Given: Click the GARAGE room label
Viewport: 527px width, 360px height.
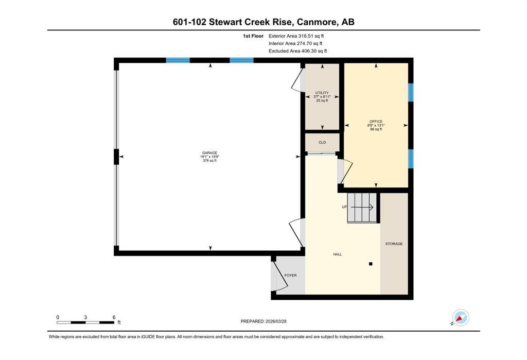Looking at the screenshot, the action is pos(210,153).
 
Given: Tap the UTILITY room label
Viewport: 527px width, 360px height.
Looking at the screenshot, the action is pos(322,93).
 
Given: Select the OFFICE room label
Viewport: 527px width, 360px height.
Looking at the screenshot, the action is pos(376,122).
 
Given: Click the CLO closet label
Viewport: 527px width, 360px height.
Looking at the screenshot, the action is pos(322,142).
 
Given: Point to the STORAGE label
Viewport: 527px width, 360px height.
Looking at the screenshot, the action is pos(394,244).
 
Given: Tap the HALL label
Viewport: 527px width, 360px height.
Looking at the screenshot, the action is pos(338,254).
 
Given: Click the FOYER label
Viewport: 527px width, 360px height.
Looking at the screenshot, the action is pos(290,275).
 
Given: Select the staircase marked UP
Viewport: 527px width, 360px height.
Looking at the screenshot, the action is pos(362,208).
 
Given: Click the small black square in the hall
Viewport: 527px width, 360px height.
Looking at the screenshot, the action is pos(371,264).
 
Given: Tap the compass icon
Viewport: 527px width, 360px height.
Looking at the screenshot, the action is pos(460,318).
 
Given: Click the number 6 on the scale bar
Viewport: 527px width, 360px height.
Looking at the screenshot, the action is pos(114,317).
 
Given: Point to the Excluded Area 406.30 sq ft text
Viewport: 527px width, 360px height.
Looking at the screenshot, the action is pos(298,51).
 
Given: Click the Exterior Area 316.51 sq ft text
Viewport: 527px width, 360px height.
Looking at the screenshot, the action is pos(296,36).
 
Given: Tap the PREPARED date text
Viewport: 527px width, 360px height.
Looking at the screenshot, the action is pos(263,321).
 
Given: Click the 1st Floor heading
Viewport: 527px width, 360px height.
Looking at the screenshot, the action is pos(253,36).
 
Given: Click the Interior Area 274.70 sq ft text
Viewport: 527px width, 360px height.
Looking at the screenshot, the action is pos(295,43).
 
